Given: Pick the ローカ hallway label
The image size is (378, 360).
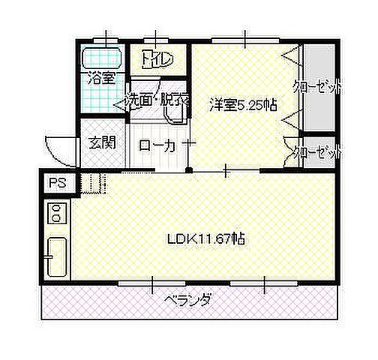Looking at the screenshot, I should click(x=157, y=145).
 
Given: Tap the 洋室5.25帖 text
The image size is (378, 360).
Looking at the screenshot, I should click(x=243, y=105).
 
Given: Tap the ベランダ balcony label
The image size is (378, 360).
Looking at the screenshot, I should click(x=187, y=301).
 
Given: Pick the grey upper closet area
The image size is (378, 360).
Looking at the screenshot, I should click(x=321, y=90).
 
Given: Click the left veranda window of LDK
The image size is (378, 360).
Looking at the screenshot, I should click(x=152, y=283).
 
